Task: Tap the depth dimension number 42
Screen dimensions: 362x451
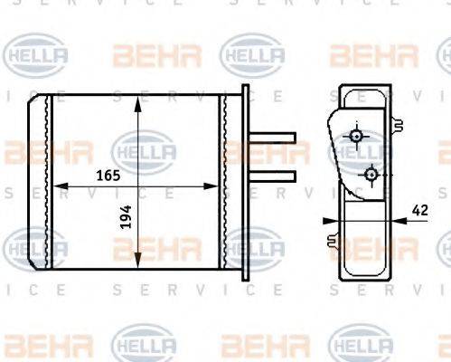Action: [418, 209]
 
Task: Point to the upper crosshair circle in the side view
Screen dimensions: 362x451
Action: [357, 138]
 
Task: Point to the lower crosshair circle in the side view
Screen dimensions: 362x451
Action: [370, 172]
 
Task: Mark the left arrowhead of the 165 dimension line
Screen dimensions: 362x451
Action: [60, 186]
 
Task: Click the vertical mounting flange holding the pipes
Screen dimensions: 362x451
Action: [246, 180]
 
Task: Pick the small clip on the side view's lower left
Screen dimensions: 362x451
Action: [333, 241]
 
